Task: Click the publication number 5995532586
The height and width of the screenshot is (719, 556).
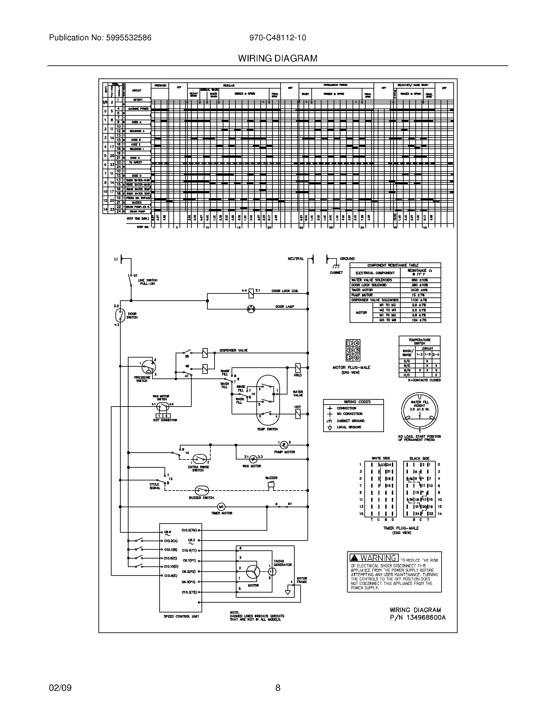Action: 129,38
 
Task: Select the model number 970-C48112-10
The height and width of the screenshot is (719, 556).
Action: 277,38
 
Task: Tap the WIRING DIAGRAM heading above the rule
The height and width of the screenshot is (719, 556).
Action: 278,59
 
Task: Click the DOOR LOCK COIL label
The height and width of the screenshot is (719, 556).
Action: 285,291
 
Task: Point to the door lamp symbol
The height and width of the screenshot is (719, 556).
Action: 251,309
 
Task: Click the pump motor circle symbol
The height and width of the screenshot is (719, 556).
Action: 284,445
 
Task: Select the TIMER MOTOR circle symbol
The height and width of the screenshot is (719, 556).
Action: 221,507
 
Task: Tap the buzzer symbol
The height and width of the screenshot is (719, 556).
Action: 271,485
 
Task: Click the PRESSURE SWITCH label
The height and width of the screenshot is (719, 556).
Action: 142,379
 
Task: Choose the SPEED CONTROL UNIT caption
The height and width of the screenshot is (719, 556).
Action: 181,616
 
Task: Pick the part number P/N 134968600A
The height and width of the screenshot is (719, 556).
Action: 417,618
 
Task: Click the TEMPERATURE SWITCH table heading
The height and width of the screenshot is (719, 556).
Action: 419,342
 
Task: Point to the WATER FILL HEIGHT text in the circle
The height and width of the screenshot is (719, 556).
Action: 419,406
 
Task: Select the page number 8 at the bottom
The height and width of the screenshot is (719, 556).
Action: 278,688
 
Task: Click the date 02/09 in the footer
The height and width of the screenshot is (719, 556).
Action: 60,688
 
